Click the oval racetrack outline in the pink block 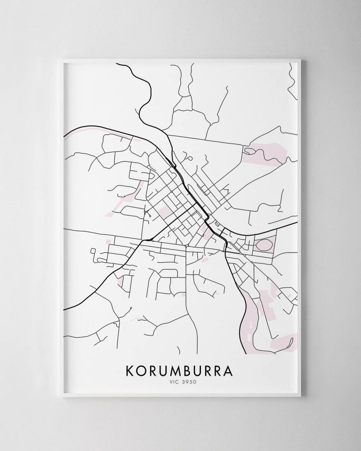(264, 246)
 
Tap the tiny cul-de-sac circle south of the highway (130, 308)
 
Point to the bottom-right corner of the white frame (300, 396)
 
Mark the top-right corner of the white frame (300, 61)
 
